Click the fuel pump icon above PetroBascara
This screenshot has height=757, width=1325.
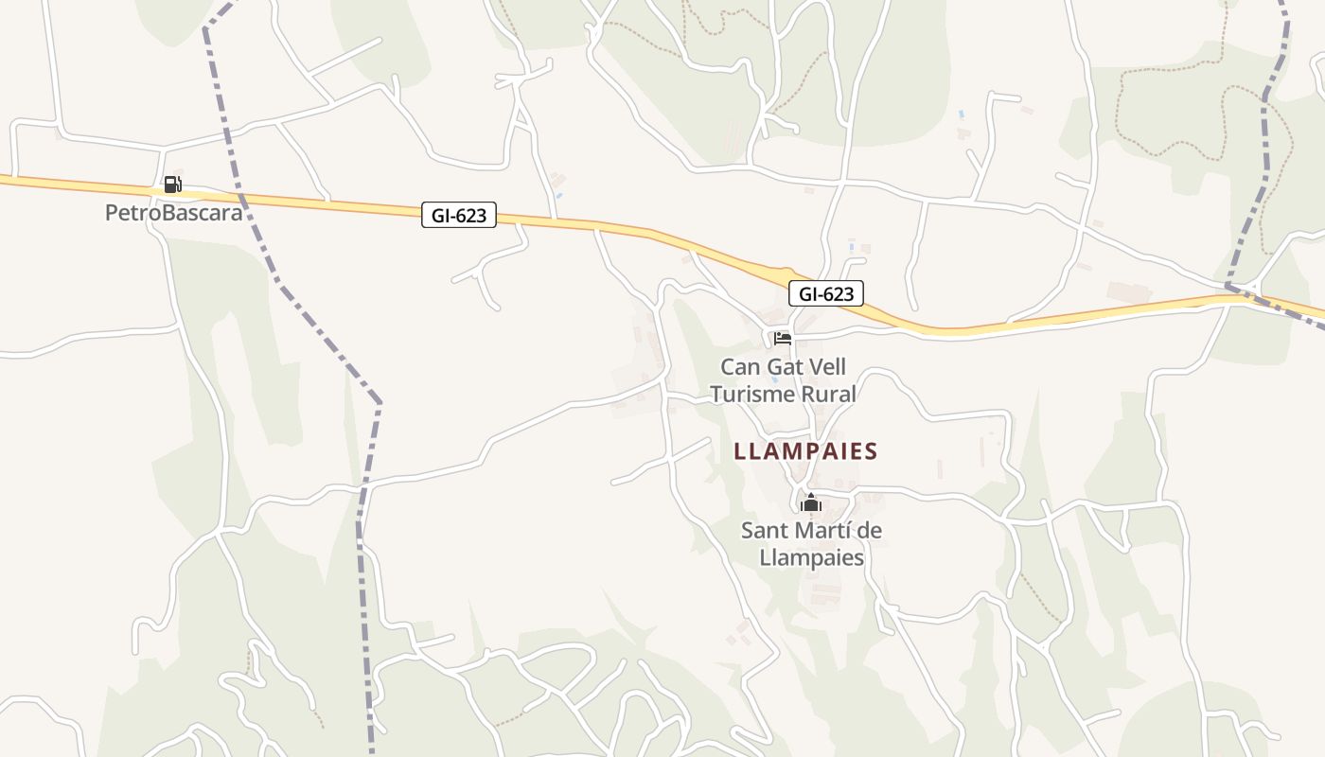(x=172, y=185)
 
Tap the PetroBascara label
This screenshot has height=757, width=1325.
(x=173, y=213)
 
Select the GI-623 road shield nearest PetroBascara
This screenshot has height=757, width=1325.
(x=459, y=216)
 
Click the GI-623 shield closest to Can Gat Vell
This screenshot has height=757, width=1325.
(x=826, y=293)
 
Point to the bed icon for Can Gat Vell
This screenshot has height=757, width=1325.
(x=783, y=338)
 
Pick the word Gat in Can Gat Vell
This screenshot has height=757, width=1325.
(x=784, y=367)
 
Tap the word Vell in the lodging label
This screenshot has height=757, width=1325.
(x=826, y=367)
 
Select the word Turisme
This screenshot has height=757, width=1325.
(x=755, y=394)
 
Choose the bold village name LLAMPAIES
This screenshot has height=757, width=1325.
(x=806, y=451)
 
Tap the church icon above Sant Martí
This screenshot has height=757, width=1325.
(x=810, y=502)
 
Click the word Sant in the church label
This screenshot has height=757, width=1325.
(x=763, y=531)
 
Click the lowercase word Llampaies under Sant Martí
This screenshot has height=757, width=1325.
(x=812, y=557)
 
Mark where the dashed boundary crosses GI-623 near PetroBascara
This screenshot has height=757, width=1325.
(x=239, y=197)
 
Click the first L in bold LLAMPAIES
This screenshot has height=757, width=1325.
(x=740, y=451)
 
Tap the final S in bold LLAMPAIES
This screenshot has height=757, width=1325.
(x=872, y=451)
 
